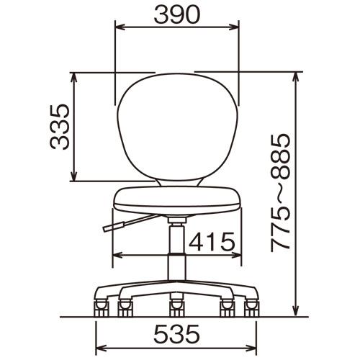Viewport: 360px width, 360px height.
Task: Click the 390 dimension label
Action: pos(177,15)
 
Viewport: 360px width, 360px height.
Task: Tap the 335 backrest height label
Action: pos(60,127)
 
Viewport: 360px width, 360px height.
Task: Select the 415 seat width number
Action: pos(212,241)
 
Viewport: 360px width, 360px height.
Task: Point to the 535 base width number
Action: pos(176,333)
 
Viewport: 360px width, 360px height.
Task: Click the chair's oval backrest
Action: pos(178,127)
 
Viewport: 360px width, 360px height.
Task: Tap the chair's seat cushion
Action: pos(177,200)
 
